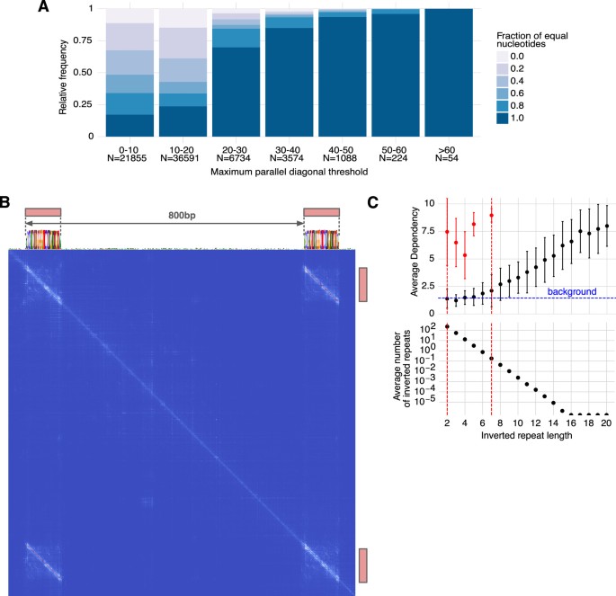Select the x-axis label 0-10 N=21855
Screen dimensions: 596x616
tap(129, 150)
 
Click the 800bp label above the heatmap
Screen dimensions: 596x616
tap(183, 216)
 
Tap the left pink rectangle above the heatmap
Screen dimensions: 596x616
tap(43, 212)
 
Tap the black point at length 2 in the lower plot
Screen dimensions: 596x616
tap(447, 325)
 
